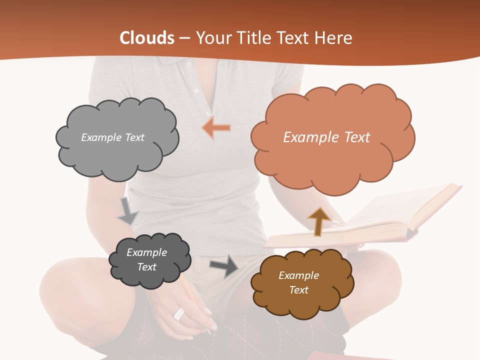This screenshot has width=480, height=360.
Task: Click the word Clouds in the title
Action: [x=147, y=38]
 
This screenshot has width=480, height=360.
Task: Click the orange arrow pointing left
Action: [x=217, y=128]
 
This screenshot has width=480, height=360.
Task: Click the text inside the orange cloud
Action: [x=326, y=137]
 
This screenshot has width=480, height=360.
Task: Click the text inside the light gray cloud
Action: [x=112, y=137]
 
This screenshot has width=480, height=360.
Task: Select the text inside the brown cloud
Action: [x=298, y=282]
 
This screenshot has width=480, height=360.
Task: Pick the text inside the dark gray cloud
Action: [x=146, y=259]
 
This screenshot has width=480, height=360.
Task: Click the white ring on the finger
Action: [x=179, y=314]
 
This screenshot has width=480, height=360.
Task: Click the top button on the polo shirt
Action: [x=196, y=91]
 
